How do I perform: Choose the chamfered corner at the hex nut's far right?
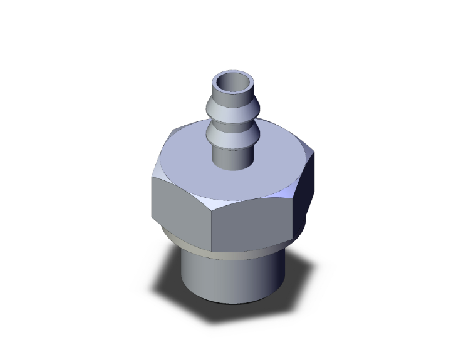[311, 150]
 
